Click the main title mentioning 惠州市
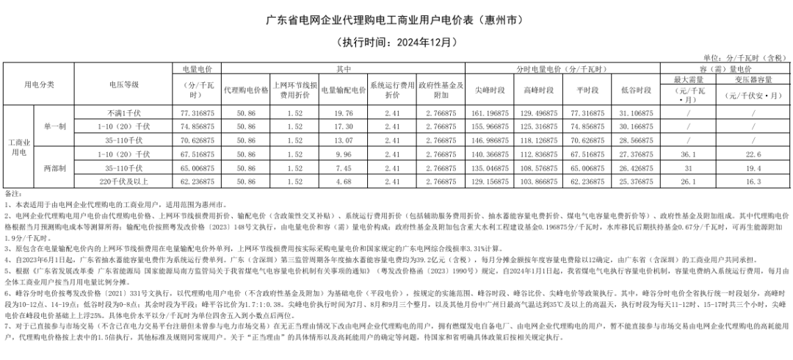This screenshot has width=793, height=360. coord(396,18)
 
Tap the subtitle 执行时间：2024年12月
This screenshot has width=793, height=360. coord(396,42)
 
